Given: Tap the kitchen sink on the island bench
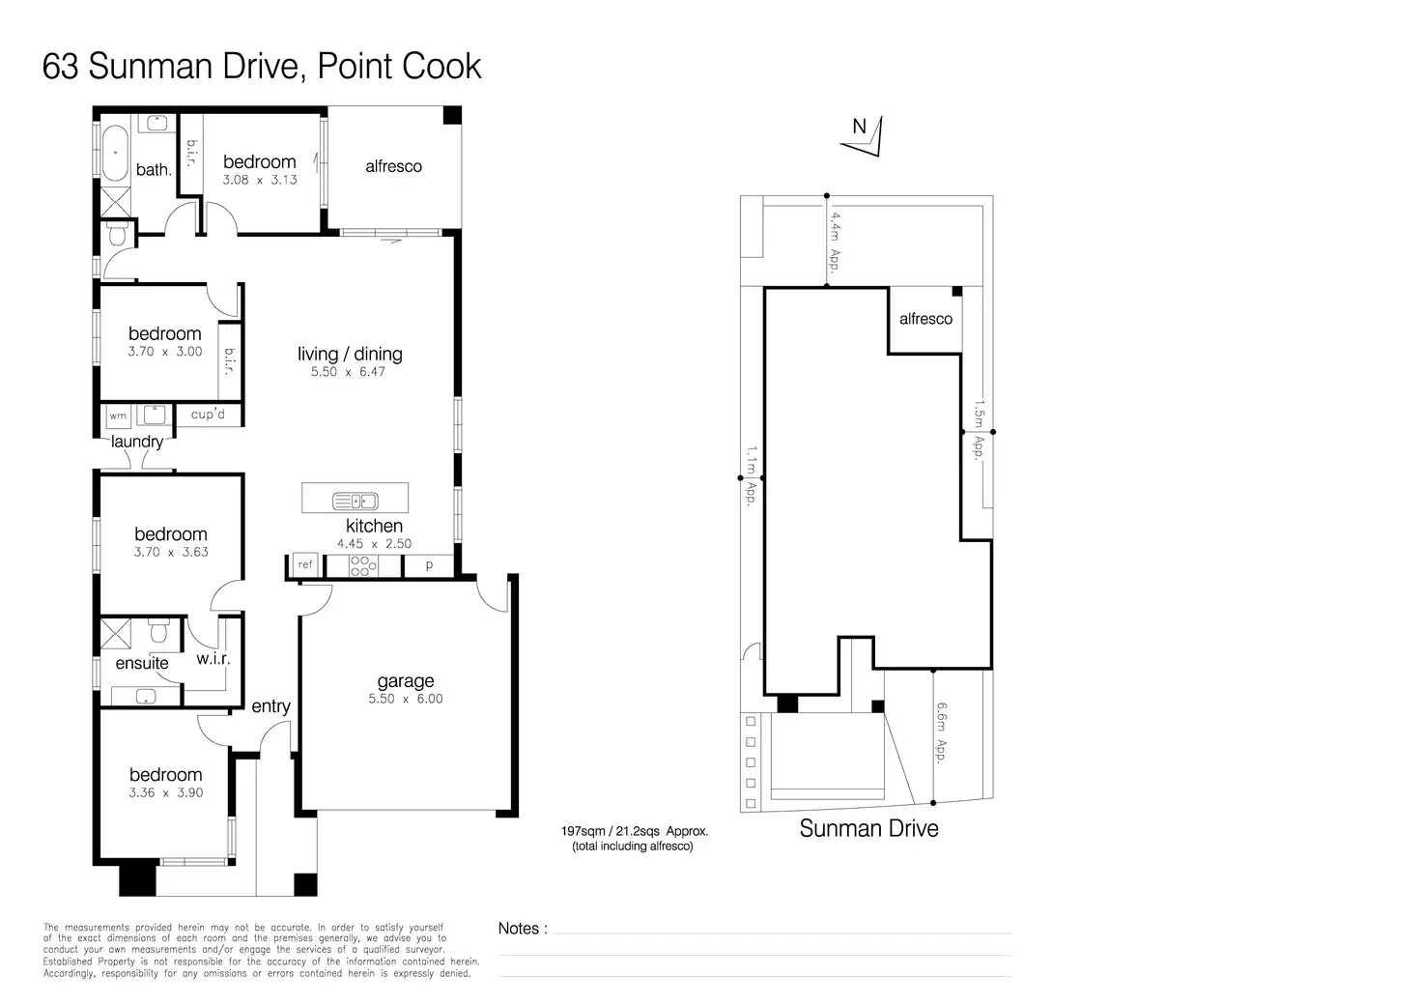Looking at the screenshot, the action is [x=355, y=502].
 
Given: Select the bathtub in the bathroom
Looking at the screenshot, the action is [x=115, y=153].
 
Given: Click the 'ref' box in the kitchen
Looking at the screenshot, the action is [x=305, y=564].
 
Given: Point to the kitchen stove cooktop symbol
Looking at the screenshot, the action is [x=363, y=565].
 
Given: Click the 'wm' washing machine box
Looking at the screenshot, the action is [x=118, y=416].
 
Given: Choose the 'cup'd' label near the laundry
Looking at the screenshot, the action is [x=208, y=414].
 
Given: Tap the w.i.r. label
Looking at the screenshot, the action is [x=213, y=659].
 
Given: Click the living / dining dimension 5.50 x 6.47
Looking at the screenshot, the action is [x=348, y=372].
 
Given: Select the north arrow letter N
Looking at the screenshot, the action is [x=859, y=127].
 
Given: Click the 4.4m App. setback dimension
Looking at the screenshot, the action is [x=836, y=242].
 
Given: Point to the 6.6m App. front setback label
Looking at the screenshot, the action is [x=942, y=732].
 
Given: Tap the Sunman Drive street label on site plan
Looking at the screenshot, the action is [x=869, y=828].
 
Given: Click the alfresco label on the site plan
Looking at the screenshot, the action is [x=925, y=319].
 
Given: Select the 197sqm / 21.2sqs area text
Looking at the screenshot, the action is [x=634, y=831].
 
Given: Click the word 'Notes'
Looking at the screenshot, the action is [x=519, y=929].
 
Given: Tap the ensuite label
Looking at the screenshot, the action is [x=142, y=664].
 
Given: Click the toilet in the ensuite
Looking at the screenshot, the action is [x=158, y=631].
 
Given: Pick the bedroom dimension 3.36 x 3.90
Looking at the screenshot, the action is [x=166, y=793].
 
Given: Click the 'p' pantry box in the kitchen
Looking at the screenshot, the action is [x=429, y=564].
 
